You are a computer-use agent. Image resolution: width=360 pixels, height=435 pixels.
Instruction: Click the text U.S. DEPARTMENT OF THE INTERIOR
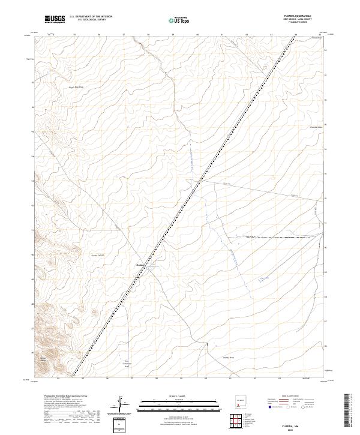pos(92,17)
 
